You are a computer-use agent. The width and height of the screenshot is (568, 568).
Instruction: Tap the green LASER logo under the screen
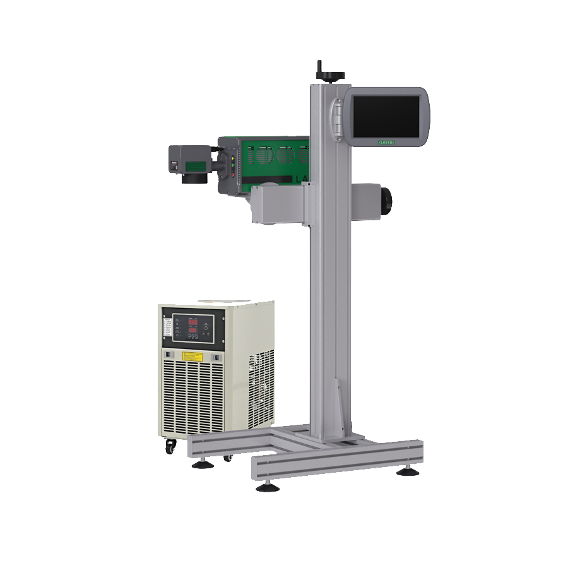coord(386,143)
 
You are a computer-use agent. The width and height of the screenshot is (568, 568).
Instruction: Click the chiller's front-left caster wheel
coord(170,446)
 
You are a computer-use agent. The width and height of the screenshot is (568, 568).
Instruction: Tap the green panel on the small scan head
coord(194,166)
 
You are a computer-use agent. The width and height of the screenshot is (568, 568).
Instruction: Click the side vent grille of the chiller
coord(261,385)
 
